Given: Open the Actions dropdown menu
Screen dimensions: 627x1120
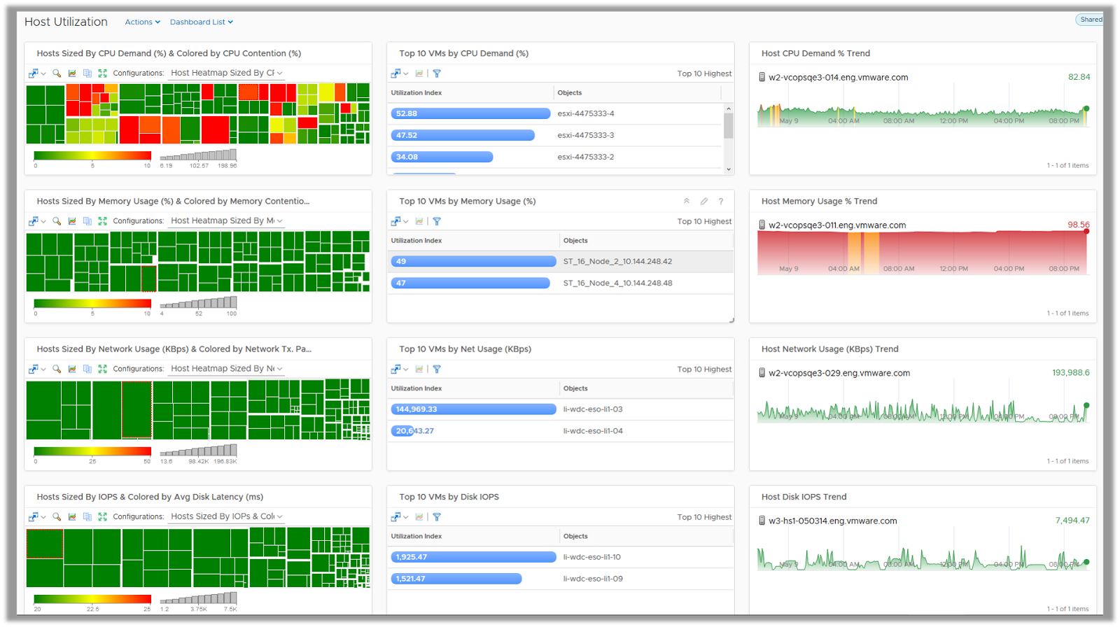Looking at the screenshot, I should click(142, 22).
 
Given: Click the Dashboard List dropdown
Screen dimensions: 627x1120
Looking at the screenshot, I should click(201, 22).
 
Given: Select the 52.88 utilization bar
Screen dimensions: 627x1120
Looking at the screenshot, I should click(470, 113).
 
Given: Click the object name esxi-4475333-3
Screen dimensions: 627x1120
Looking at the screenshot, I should click(585, 135).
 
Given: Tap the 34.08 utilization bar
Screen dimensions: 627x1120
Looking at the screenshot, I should click(442, 157).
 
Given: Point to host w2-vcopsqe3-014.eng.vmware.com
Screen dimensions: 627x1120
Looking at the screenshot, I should click(838, 78).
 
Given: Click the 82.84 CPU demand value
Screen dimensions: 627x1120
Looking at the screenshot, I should click(1079, 77).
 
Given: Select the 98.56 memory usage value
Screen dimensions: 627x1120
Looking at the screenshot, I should click(1078, 225).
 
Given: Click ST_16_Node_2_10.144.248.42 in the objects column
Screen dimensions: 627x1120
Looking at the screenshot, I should click(617, 262).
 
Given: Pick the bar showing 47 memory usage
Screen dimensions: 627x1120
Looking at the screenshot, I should click(470, 283).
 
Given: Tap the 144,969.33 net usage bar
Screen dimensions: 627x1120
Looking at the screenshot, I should click(473, 409).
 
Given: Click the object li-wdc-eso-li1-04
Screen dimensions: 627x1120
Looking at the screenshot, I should click(593, 431).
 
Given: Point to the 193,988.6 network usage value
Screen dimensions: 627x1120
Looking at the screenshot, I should click(1070, 373).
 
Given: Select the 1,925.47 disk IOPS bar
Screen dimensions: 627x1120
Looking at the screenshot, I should click(473, 557).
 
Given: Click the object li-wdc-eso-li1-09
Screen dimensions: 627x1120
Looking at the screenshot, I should click(593, 579).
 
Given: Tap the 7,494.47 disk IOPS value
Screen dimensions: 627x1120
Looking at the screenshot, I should click(1072, 521).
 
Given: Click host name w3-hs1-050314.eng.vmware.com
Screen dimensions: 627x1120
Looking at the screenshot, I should click(832, 521).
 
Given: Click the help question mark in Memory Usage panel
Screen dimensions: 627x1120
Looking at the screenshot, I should click(721, 202).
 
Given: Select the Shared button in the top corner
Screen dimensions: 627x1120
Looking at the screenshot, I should click(1090, 20).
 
